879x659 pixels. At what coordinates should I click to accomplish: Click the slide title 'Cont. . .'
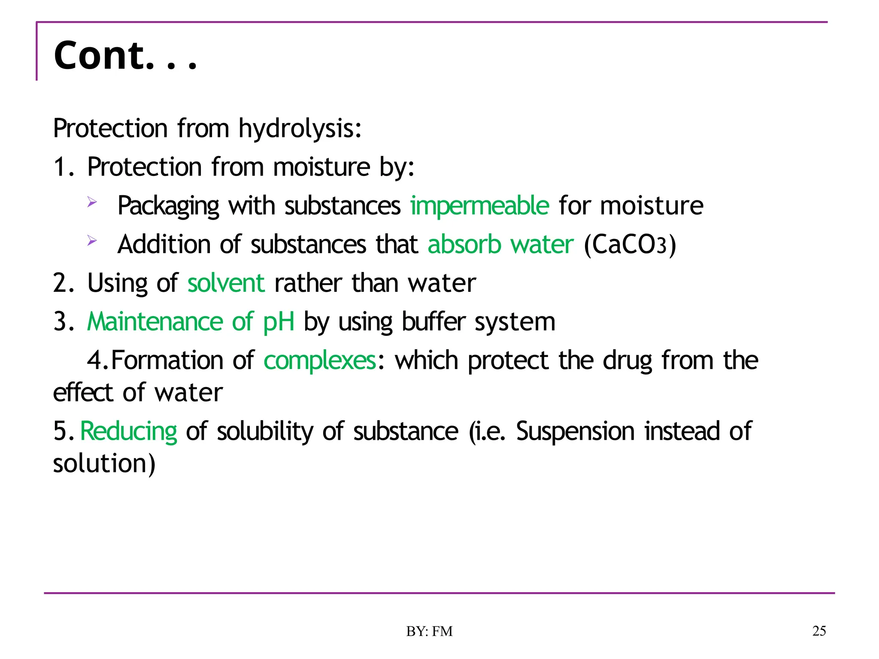pyautogui.click(x=125, y=56)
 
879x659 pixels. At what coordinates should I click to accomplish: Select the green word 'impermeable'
pyautogui.click(x=479, y=206)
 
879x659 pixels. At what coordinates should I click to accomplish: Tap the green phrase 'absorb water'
pyautogui.click(x=500, y=245)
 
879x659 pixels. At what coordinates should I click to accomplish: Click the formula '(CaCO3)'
pyautogui.click(x=630, y=245)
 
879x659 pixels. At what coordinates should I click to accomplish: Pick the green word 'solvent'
pyautogui.click(x=226, y=283)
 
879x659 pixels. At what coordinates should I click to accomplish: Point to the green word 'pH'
pyautogui.click(x=279, y=322)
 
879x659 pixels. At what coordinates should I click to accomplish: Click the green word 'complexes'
pyautogui.click(x=320, y=360)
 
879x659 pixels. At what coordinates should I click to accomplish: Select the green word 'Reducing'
pyautogui.click(x=129, y=431)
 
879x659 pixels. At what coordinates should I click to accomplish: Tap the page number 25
pyautogui.click(x=819, y=631)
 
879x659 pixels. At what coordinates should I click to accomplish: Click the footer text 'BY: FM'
pyautogui.click(x=429, y=631)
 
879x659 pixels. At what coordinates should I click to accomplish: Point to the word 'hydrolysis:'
pyautogui.click(x=300, y=129)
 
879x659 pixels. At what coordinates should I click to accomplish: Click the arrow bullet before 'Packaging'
pyautogui.click(x=92, y=202)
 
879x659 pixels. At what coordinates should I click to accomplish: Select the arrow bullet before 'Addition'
pyautogui.click(x=92, y=241)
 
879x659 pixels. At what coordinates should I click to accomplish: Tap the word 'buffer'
pyautogui.click(x=433, y=322)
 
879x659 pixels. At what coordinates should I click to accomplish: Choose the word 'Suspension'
pyautogui.click(x=575, y=431)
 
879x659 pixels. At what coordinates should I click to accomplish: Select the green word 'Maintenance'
pyautogui.click(x=155, y=322)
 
